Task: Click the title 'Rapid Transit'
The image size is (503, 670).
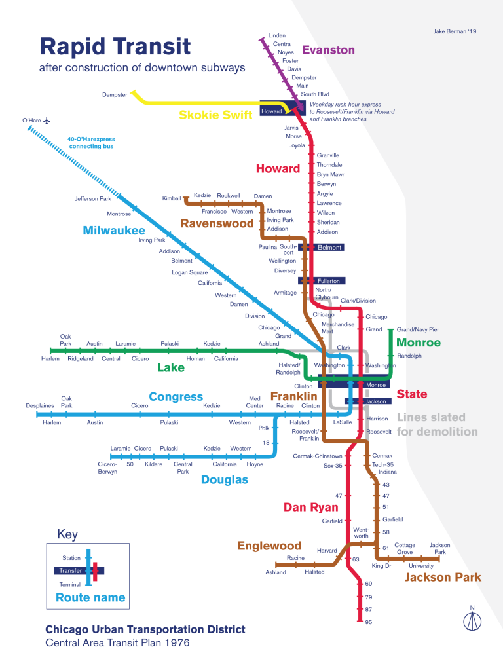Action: pos(115,47)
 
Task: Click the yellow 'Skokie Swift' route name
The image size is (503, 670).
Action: pos(215,115)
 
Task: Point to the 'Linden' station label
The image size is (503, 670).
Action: pos(277,35)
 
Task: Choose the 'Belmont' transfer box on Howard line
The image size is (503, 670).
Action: pos(329,248)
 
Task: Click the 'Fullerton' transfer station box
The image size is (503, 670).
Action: pos(329,281)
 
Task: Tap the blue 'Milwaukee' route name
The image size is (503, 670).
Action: pos(114,231)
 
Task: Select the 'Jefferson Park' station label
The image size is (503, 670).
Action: pos(93,198)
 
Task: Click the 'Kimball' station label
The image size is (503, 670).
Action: pos(172,198)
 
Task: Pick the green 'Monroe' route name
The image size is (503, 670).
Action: pos(419,343)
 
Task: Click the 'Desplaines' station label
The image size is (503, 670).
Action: pos(40,406)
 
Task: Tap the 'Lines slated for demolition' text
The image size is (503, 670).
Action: pos(437,424)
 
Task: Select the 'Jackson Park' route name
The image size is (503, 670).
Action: pos(443,577)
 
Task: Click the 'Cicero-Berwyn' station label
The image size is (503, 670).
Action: pos(107,468)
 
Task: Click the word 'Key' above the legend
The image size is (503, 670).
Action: pos(67,534)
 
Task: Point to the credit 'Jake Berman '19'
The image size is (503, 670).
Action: pos(456,31)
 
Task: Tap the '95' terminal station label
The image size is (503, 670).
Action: pos(369,622)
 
